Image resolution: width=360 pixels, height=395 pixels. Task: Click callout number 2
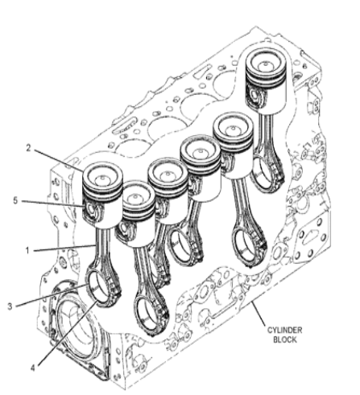pos(28,148)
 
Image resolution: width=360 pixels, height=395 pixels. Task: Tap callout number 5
pos(15,200)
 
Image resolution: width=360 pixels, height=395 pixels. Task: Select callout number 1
pos(27,250)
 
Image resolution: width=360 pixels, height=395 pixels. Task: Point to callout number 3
pos(10,306)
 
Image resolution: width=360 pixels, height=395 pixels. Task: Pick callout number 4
pos(32,368)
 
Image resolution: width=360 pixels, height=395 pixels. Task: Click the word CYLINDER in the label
pos(284,330)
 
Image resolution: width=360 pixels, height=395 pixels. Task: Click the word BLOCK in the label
pos(285,339)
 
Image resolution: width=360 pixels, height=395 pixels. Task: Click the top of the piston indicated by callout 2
pos(102,177)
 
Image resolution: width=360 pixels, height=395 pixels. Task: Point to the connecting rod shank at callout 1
pos(102,247)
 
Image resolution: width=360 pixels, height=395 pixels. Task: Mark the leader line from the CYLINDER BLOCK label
pos(257,314)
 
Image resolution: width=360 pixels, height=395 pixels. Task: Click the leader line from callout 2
pos(58,160)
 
